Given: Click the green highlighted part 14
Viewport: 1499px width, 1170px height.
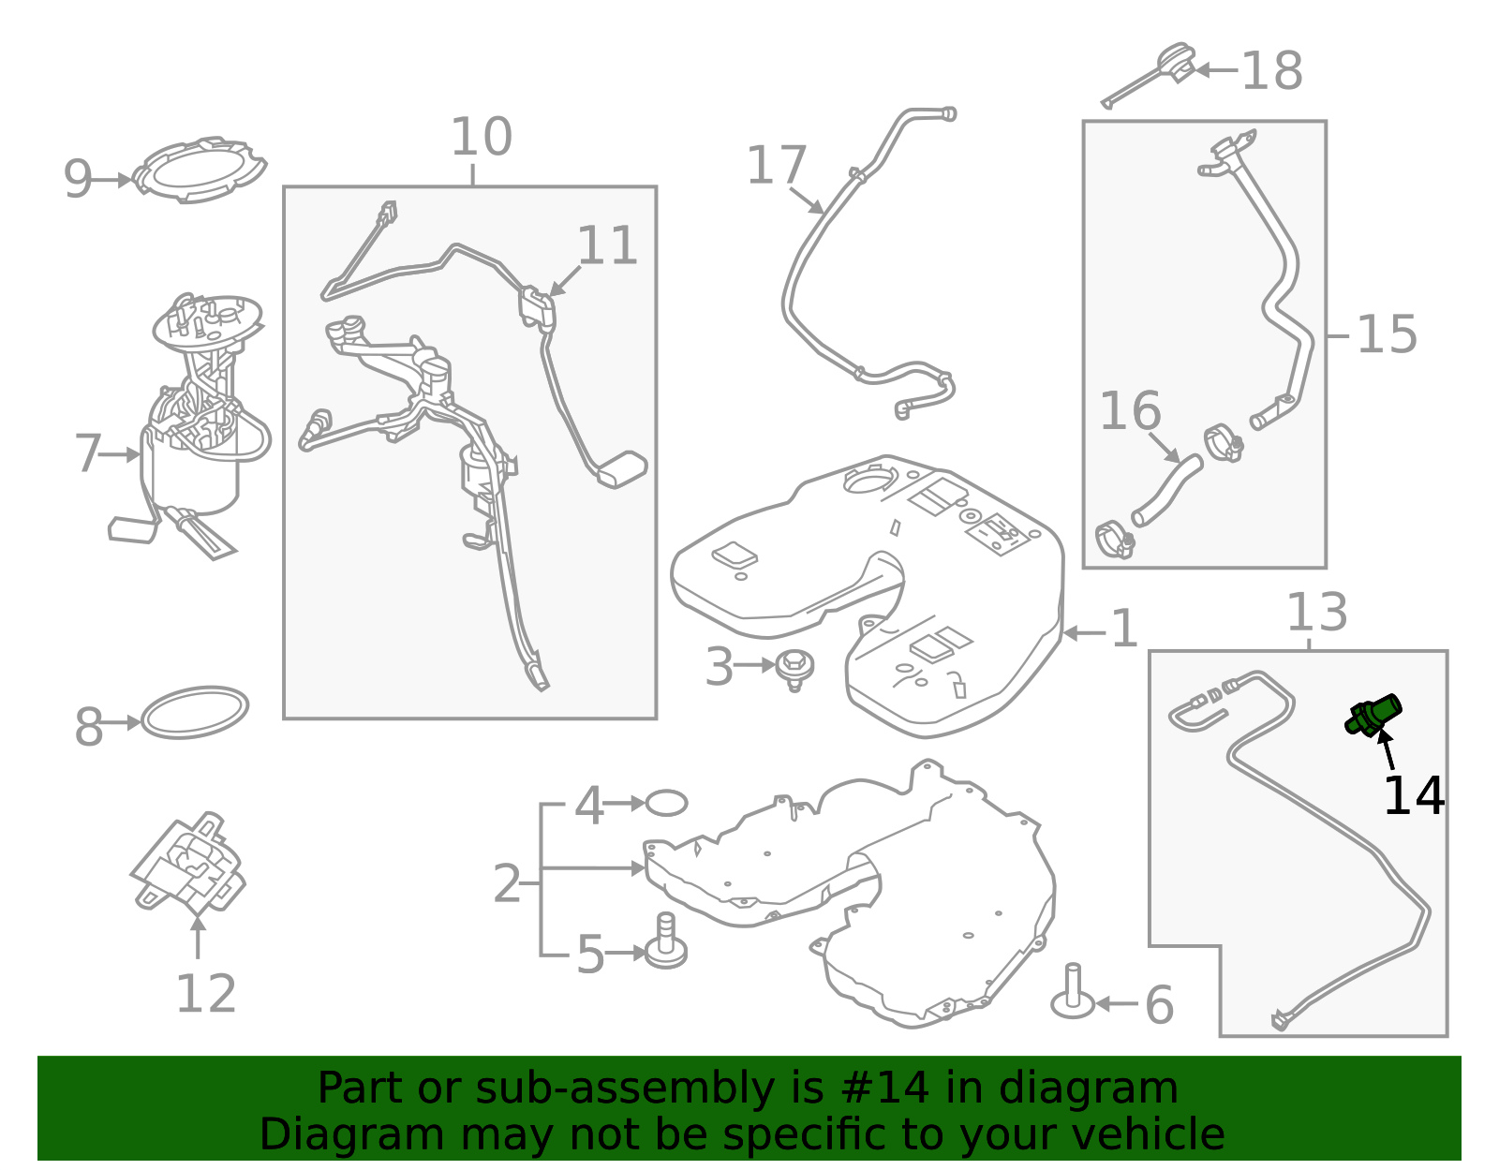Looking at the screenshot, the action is (x=1373, y=715).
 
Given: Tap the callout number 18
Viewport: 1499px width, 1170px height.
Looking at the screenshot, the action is (x=1271, y=71).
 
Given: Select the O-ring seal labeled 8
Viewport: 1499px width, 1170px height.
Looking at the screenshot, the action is (x=195, y=712).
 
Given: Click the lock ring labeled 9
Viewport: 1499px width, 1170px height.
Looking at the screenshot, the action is (x=200, y=170).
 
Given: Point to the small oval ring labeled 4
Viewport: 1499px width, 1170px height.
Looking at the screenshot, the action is (x=666, y=803).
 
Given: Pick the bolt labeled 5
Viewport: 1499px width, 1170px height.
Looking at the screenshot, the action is (x=666, y=940).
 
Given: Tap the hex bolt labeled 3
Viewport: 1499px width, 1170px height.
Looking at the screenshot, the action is (x=794, y=670).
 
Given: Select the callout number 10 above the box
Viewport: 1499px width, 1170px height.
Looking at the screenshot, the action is (x=481, y=137).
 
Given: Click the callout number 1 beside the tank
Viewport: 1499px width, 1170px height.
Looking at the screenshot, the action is (x=1124, y=629).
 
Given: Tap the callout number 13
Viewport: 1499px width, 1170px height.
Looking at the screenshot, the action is (x=1317, y=612).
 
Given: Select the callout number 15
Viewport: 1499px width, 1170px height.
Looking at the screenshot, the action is (x=1387, y=334).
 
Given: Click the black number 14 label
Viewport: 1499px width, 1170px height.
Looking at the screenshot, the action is (x=1414, y=795).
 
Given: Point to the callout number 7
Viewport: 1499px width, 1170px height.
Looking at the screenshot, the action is (x=88, y=453).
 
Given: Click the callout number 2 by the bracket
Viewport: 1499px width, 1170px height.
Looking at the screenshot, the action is (x=506, y=883).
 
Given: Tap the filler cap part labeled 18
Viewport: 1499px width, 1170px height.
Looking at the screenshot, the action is (x=1149, y=76).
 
